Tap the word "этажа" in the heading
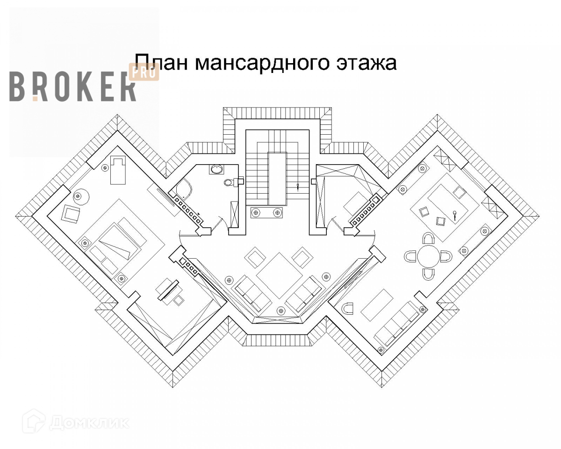pyautogui.click(x=366, y=63)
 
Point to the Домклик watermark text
pyautogui.click(x=88, y=422)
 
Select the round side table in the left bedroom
pyautogui.click(x=81, y=196)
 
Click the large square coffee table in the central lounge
pyautogui.click(x=279, y=275)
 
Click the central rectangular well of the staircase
pyautogui.click(x=277, y=178)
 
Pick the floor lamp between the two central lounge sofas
pyautogui.click(x=280, y=309)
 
